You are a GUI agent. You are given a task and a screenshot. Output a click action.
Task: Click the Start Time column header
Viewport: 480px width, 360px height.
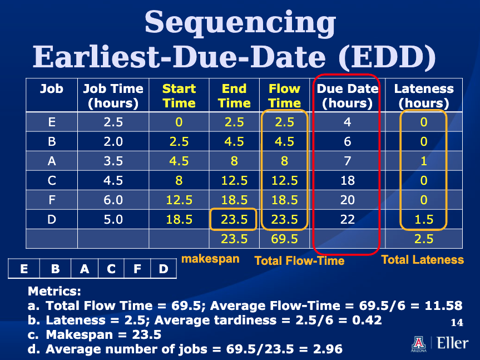[x=179, y=96]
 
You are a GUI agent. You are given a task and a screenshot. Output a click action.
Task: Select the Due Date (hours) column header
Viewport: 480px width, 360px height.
[x=348, y=96]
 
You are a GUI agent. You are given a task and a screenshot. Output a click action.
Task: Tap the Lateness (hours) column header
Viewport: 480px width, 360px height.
[x=424, y=96]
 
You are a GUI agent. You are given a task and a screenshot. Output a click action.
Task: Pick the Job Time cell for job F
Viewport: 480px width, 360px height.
[x=113, y=200]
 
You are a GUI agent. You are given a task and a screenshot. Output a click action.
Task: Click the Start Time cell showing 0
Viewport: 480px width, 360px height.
[x=179, y=122]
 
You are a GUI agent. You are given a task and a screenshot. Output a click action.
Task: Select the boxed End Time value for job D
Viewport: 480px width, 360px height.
[x=234, y=219]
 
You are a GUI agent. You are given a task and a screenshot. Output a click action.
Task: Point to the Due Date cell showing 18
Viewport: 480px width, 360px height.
[x=348, y=180]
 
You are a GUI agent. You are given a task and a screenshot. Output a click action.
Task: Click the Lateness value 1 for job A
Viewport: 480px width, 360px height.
[x=424, y=161]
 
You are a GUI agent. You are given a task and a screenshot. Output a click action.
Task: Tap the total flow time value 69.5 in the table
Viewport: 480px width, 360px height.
[x=284, y=239]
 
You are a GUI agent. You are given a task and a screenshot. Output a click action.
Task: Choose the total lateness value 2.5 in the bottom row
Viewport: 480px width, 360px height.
[x=424, y=239]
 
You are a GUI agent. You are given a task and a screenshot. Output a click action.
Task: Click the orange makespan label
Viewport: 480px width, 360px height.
[x=210, y=259]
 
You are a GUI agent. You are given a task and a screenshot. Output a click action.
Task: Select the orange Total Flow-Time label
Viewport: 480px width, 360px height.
[x=299, y=261]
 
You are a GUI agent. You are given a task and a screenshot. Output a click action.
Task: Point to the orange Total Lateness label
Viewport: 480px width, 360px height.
[x=423, y=260]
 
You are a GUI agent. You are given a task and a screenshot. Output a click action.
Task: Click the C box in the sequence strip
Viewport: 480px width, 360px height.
[x=111, y=269]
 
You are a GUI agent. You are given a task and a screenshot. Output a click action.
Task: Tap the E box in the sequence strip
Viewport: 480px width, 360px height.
[x=24, y=269]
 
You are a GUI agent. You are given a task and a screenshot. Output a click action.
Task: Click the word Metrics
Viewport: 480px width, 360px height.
[x=54, y=291]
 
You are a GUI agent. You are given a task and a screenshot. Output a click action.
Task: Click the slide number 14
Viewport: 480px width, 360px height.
[x=457, y=322]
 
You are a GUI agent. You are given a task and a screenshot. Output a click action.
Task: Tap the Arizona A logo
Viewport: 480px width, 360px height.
[x=418, y=343]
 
